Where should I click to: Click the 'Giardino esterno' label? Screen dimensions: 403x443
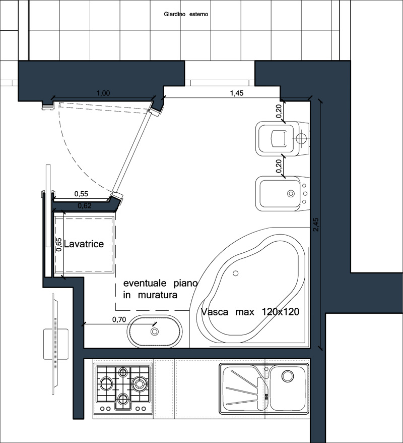pyautogui.click(x=186, y=14)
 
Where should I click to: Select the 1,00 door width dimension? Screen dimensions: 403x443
pyautogui.click(x=103, y=93)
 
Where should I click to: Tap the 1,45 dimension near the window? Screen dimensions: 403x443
pyautogui.click(x=237, y=93)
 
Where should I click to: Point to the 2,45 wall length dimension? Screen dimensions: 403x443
pyautogui.click(x=315, y=225)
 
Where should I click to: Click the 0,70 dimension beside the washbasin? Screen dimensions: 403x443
pyautogui.click(x=119, y=319)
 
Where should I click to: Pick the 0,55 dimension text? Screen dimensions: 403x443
pyautogui.click(x=81, y=194)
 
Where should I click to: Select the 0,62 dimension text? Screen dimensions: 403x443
pyautogui.click(x=85, y=206)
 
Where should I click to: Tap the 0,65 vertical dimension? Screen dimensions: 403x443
pyautogui.click(x=58, y=245)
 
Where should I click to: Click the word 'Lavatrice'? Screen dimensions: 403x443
pyautogui.click(x=84, y=244)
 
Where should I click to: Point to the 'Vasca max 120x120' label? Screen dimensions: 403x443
pyautogui.click(x=250, y=312)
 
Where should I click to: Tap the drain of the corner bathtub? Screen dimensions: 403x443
pyautogui.click(x=236, y=273)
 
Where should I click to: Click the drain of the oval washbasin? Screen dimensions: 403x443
pyautogui.click(x=155, y=331)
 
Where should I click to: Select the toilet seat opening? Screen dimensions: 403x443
pyautogui.click(x=279, y=138)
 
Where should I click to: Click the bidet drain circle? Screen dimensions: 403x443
pyautogui.click(x=291, y=194)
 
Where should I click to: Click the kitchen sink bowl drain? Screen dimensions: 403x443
pyautogui.click(x=287, y=376)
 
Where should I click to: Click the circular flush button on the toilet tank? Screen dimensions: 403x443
pyautogui.click(x=301, y=138)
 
